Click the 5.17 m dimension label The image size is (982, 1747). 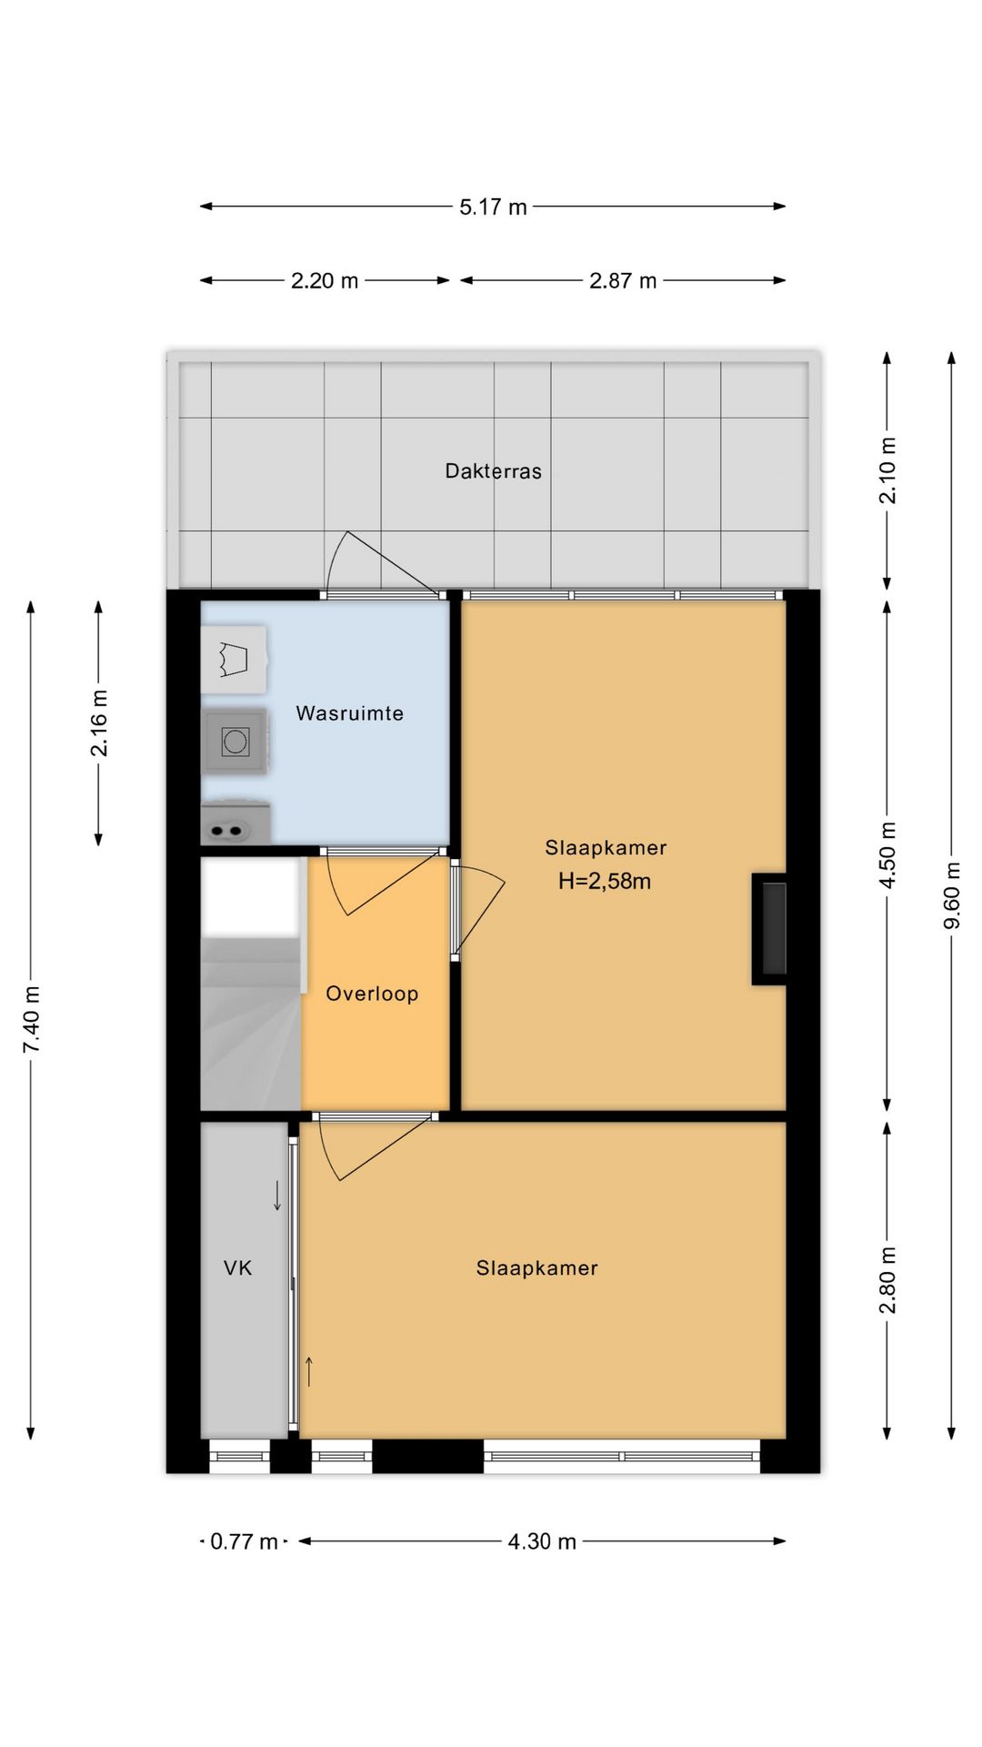[493, 207]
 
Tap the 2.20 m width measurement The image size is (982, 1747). [325, 281]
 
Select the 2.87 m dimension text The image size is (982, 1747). [623, 281]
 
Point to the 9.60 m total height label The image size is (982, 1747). [952, 895]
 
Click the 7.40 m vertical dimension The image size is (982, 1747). [32, 1019]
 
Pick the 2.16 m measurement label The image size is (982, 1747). [99, 723]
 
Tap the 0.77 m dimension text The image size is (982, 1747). [244, 1541]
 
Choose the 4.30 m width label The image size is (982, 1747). [542, 1541]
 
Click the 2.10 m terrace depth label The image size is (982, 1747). [888, 470]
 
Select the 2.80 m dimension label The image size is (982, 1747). [888, 1280]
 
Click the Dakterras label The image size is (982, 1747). [493, 471]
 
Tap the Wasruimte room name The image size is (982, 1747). [350, 713]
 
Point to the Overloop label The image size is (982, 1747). [372, 994]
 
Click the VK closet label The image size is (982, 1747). [238, 1267]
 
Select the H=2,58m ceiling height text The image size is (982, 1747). [605, 881]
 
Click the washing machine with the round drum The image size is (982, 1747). [235, 742]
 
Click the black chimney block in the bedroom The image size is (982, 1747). [769, 929]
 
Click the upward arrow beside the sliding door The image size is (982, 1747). [309, 1371]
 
